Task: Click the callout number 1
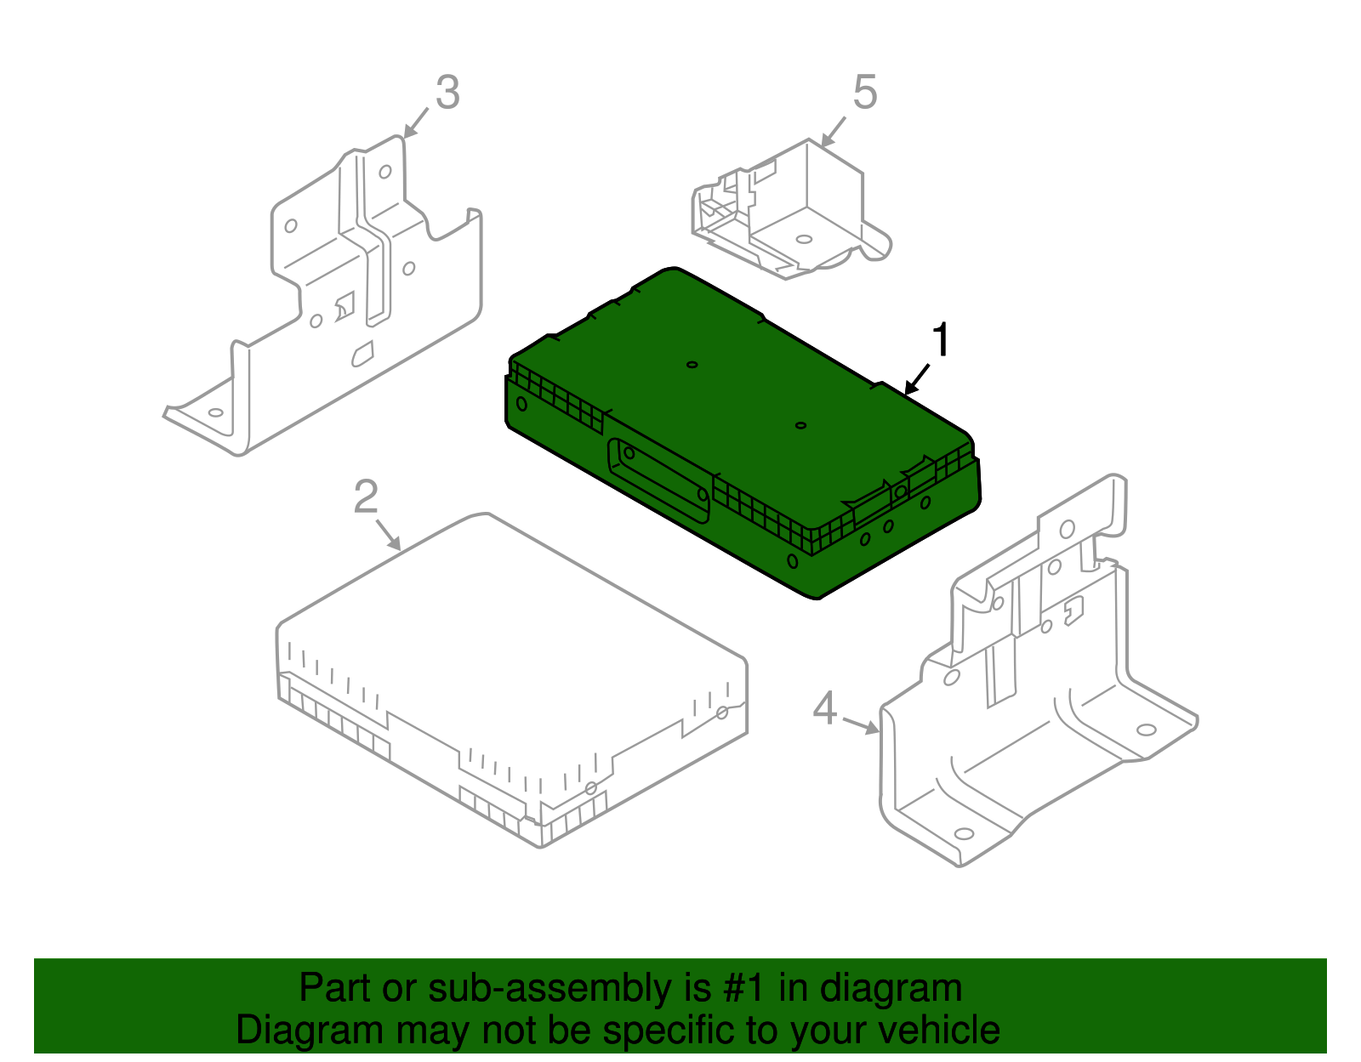pyautogui.click(x=940, y=341)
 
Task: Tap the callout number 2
pyautogui.click(x=366, y=497)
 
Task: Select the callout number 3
pyautogui.click(x=447, y=93)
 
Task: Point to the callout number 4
pyautogui.click(x=825, y=707)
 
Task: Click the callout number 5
pyautogui.click(x=864, y=92)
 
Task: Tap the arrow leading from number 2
pyautogui.click(x=387, y=534)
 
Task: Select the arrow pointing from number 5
pyautogui.click(x=834, y=130)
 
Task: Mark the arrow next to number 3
pyautogui.click(x=416, y=122)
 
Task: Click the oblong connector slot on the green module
pyautogui.click(x=658, y=480)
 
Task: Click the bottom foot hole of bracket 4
pyautogui.click(x=963, y=833)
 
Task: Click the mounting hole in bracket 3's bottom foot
pyautogui.click(x=215, y=412)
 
